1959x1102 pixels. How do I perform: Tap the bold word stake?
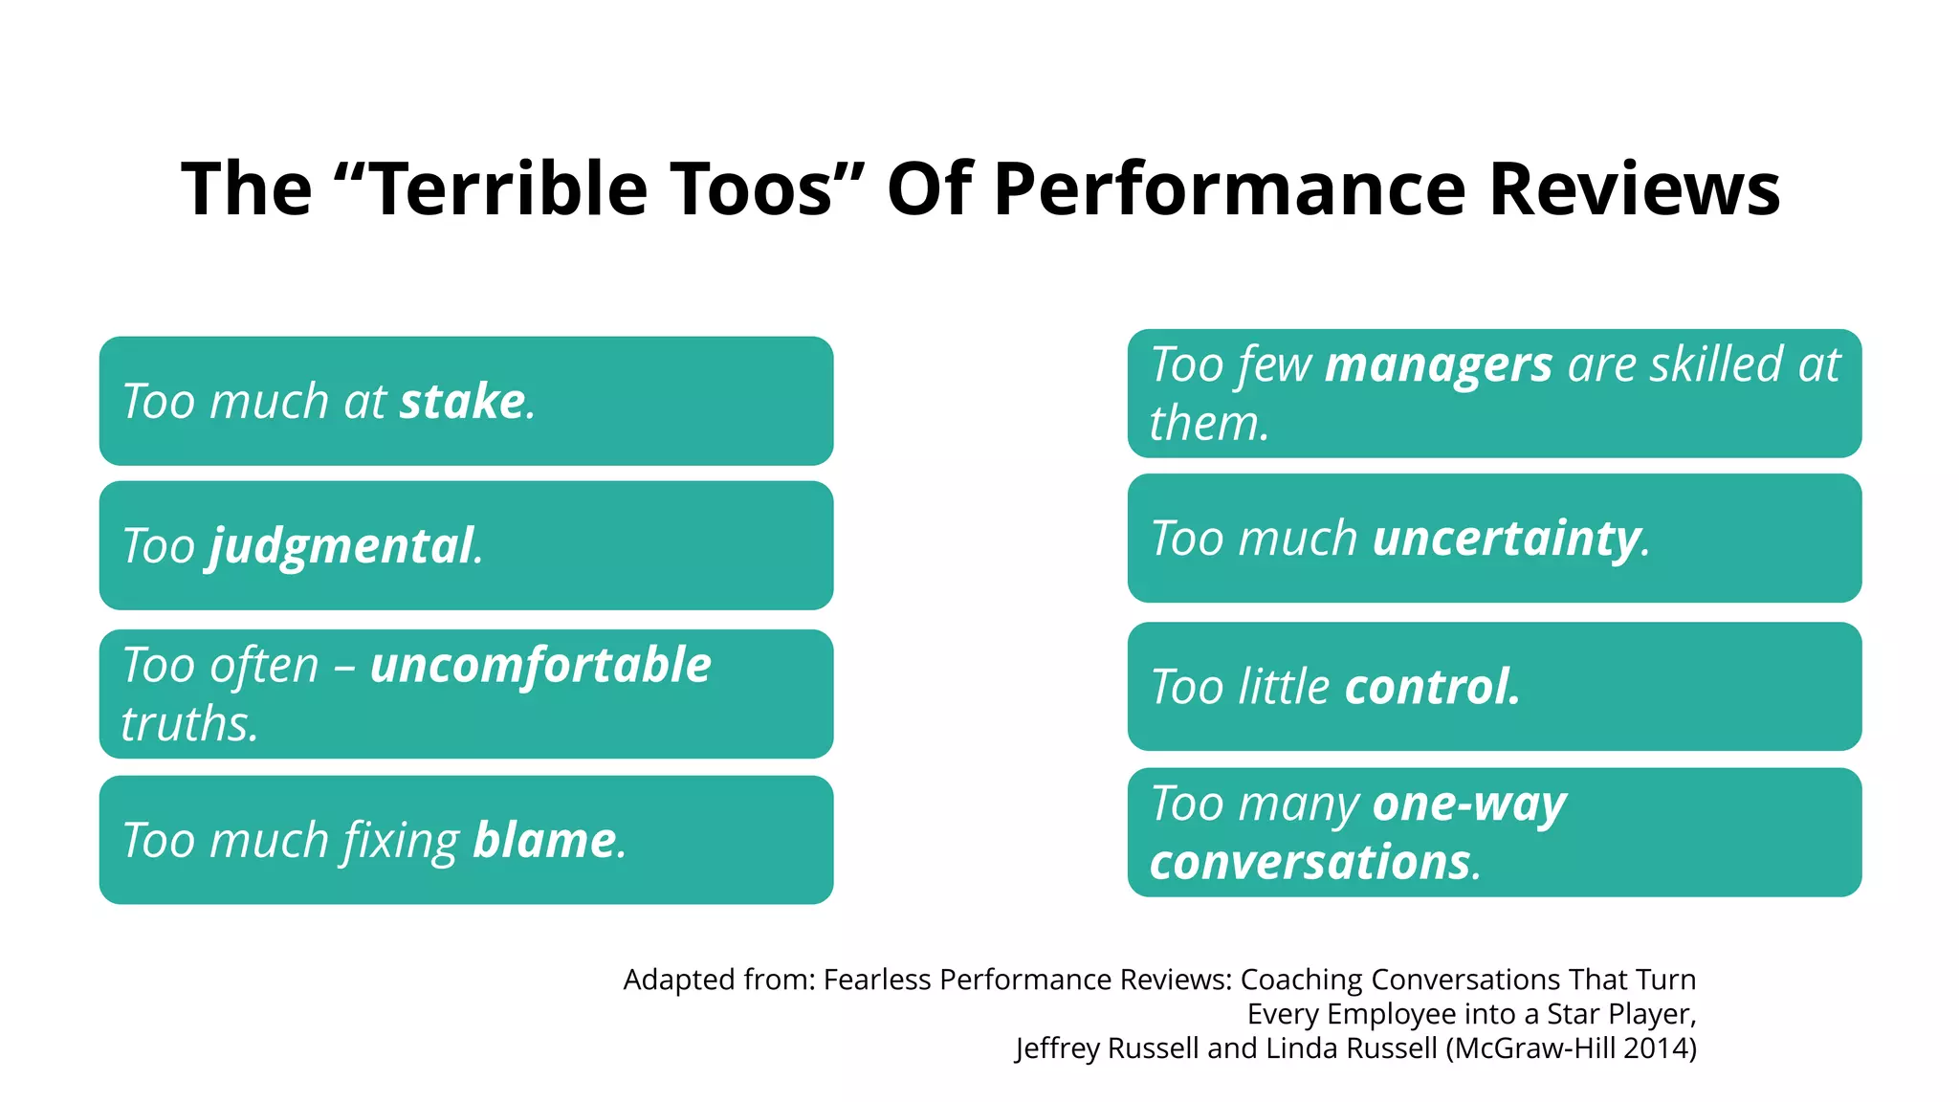[462, 401]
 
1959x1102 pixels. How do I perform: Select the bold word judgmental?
[341, 546]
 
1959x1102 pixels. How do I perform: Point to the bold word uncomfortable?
[540, 665]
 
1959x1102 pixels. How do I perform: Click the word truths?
[189, 724]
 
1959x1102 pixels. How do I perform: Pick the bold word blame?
[544, 841]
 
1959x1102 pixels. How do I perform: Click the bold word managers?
[1438, 365]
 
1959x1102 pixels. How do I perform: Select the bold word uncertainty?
[1507, 539]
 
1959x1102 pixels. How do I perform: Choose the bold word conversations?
[1310, 863]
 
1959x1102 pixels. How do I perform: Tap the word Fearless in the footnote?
[876, 980]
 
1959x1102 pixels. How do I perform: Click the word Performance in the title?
[1229, 188]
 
